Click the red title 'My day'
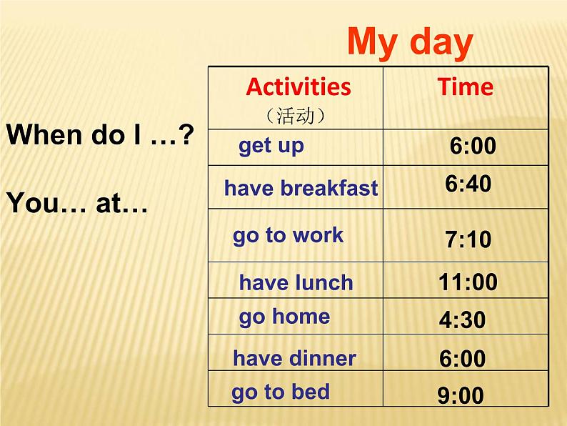410,43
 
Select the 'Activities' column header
298,87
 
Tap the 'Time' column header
466,87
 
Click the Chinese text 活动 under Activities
296,116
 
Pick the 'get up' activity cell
271,146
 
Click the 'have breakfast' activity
301,189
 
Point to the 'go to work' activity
288,236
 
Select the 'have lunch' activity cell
296,282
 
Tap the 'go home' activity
284,317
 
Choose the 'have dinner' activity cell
294,358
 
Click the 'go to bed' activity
281,392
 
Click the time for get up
473,146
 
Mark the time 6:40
468,184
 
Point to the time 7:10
468,239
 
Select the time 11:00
468,282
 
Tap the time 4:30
463,320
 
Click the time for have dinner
463,358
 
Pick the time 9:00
461,395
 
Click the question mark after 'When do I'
186,134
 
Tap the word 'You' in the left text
32,203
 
